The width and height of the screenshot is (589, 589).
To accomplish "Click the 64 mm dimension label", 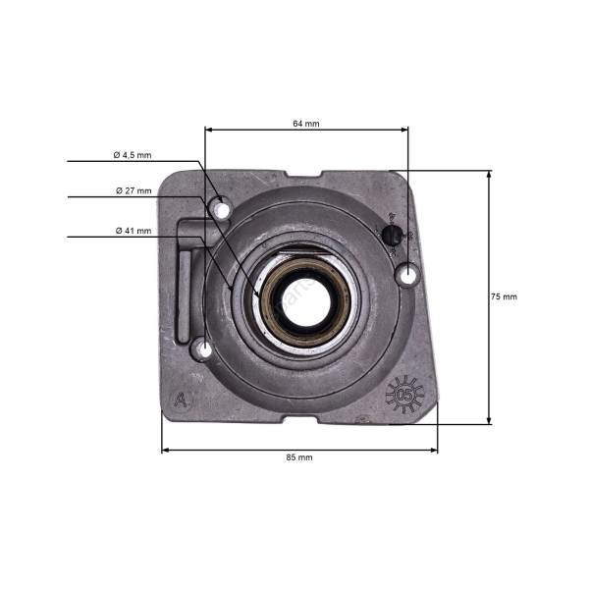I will tap(306, 124).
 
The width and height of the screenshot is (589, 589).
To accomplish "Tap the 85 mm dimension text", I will tap(299, 457).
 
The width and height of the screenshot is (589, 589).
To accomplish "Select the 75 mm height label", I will tap(504, 296).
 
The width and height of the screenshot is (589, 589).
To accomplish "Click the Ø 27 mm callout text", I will tap(133, 190).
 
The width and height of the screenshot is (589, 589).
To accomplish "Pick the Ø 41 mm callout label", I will tap(133, 231).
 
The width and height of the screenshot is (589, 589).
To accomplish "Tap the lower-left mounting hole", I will tap(202, 348).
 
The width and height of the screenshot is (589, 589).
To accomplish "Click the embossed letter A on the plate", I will tap(180, 400).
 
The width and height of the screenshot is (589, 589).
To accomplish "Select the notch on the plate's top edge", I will tap(302, 174).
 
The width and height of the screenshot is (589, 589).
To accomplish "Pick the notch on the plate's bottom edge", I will tap(304, 419).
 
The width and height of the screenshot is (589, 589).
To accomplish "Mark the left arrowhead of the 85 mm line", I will tap(165, 450).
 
